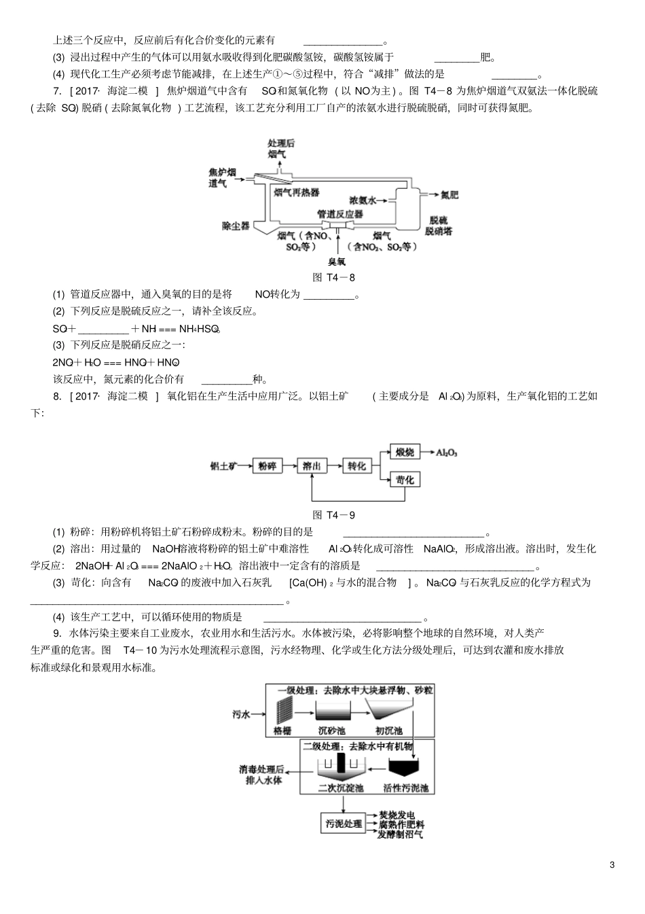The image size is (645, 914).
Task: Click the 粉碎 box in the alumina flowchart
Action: [x=267, y=466]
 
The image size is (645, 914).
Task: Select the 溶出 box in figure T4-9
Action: [x=312, y=466]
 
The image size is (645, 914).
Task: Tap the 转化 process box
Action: [x=357, y=466]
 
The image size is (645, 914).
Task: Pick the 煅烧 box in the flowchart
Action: [x=405, y=451]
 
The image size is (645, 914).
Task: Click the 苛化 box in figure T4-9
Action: [x=405, y=480]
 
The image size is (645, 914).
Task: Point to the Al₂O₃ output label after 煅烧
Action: [x=447, y=451]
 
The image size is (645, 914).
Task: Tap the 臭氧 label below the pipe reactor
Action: [x=337, y=261]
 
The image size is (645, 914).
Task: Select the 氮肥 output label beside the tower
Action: [x=449, y=195]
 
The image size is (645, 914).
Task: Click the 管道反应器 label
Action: [x=340, y=214]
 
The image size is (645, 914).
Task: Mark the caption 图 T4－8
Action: [x=333, y=277]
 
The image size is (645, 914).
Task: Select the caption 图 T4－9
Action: [x=333, y=515]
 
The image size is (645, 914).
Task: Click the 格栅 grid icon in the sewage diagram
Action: [x=283, y=711]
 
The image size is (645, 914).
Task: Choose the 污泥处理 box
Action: [x=344, y=824]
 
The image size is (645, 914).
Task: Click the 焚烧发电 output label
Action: [x=401, y=815]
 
